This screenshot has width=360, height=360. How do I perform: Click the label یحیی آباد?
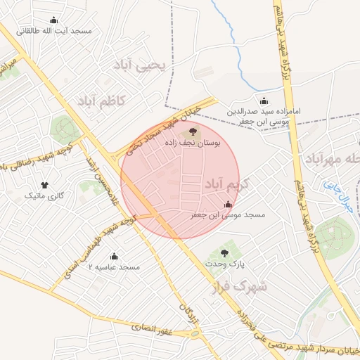pyautogui.click(x=142, y=65)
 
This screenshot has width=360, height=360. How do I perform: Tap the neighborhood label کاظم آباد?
pyautogui.click(x=101, y=101)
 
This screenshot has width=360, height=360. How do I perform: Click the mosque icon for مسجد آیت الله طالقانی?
pyautogui.click(x=54, y=20)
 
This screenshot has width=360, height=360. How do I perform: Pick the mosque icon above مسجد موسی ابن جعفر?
pyautogui.click(x=227, y=205)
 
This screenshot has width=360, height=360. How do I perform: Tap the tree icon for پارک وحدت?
pyautogui.click(x=225, y=253)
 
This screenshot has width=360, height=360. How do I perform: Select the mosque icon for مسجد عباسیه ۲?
pyautogui.click(x=115, y=256)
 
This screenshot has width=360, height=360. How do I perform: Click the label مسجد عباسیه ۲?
pyautogui.click(x=114, y=267)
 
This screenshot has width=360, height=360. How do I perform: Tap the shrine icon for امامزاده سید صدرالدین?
pyautogui.click(x=264, y=101)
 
